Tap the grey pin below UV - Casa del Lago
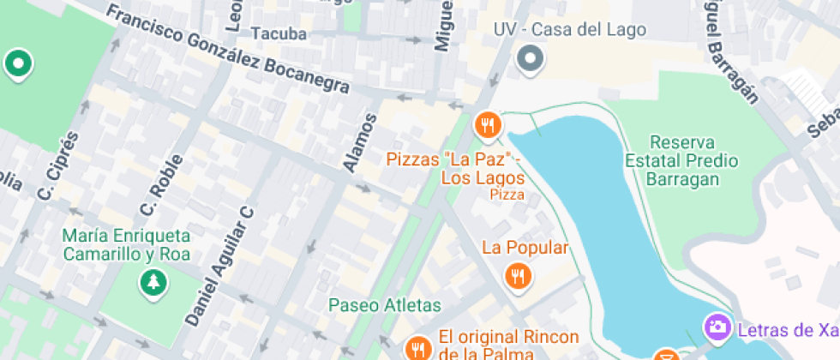coord(531,59)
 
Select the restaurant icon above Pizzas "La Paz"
coord(488,125)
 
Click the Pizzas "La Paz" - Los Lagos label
coord(454,169)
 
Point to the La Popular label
coord(525,249)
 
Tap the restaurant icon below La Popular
coord(517,276)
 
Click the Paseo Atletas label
coord(385,305)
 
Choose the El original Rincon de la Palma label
coord(508,344)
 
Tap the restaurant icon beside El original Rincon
coord(417,347)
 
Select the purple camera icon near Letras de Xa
coord(717,327)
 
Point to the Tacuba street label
coord(279,33)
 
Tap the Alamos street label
coord(358,142)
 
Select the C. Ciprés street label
coord(57,168)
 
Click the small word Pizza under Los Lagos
coord(507,195)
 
